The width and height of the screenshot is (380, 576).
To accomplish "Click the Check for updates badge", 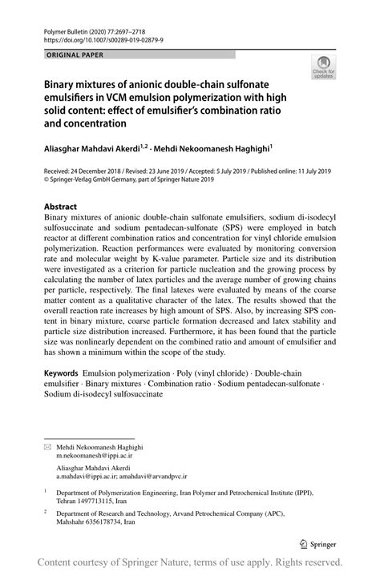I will tap(325, 67).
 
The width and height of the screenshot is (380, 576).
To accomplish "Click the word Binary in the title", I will tap(63, 84).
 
